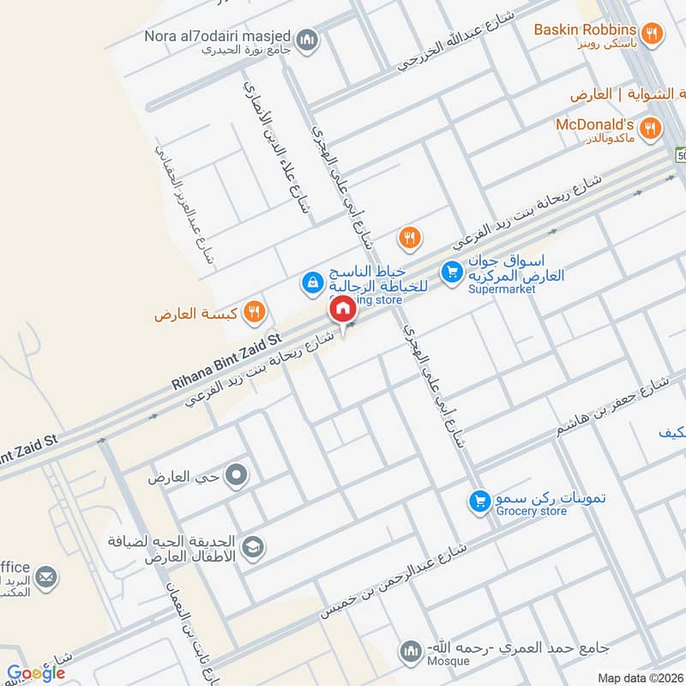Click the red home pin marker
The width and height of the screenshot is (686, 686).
341,308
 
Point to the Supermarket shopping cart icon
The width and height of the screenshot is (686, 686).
451,273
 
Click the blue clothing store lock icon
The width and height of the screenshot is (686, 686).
311,281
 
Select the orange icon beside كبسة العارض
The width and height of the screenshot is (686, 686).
253,312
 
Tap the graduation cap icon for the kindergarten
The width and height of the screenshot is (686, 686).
254,545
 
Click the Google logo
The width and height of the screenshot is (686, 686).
36,673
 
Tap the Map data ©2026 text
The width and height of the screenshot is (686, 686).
640,678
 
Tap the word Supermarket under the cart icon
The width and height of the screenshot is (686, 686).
502,289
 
